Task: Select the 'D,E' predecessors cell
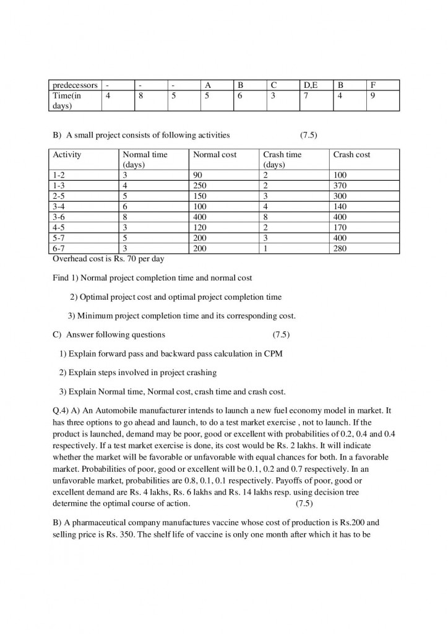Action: [310, 85]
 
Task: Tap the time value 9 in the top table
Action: [373, 96]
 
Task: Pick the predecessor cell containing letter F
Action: [373, 85]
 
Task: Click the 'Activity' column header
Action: [67, 155]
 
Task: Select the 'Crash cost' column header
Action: [351, 155]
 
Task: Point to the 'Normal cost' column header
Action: [215, 155]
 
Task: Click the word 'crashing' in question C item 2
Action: [201, 373]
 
